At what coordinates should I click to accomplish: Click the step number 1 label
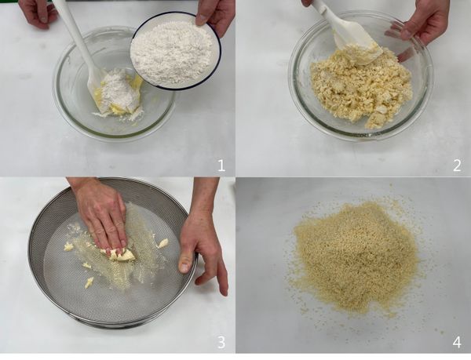coord(221,165)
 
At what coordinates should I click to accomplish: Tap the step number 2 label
coord(457,165)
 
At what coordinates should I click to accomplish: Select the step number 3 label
coord(221,342)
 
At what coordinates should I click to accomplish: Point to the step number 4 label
coord(457,342)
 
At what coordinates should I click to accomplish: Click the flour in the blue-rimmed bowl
coord(173,51)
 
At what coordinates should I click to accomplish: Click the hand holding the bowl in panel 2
coord(424,24)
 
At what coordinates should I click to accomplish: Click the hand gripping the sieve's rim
coord(202,243)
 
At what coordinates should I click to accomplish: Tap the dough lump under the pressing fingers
coord(121,254)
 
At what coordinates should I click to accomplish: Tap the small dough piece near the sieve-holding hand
coord(162,243)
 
